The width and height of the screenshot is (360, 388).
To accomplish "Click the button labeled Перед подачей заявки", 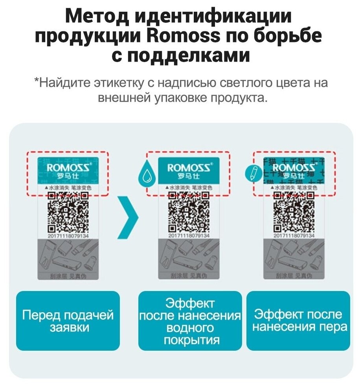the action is point(68,321).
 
